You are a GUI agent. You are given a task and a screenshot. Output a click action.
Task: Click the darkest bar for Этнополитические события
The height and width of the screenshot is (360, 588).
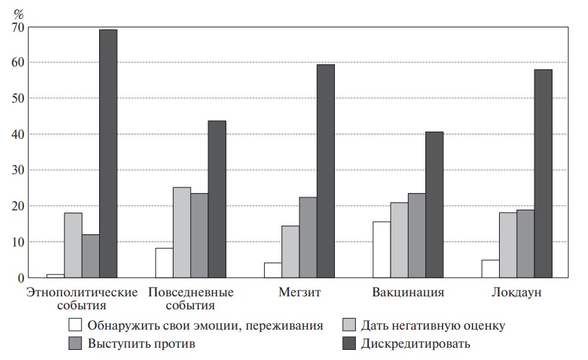[x=108, y=154]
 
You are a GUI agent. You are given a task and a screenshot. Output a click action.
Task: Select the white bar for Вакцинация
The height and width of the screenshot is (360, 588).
[x=381, y=250]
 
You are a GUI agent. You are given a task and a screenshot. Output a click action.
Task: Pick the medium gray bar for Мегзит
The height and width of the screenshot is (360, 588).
[x=308, y=238]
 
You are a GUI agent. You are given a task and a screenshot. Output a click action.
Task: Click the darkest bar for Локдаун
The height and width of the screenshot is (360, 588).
[x=543, y=173]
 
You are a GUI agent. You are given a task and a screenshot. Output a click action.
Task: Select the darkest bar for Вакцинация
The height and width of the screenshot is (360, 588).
[x=434, y=205]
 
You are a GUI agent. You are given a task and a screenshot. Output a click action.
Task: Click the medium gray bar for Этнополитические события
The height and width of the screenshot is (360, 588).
[x=90, y=257]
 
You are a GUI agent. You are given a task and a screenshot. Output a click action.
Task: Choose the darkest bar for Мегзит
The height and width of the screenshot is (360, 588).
[x=325, y=171]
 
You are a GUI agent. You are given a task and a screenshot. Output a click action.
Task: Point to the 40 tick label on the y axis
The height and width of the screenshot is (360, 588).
[x=17, y=134]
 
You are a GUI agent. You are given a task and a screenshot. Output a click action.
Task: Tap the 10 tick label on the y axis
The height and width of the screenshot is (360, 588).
[x=17, y=242]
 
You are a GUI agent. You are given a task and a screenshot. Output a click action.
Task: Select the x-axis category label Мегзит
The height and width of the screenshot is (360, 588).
[x=299, y=293]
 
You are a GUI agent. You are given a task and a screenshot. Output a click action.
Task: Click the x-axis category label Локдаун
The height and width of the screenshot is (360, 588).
[x=516, y=293]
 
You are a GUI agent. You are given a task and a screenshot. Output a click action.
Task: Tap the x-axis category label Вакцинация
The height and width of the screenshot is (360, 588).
[x=408, y=293]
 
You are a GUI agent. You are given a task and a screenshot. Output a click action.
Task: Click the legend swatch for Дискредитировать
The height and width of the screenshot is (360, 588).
[x=349, y=343]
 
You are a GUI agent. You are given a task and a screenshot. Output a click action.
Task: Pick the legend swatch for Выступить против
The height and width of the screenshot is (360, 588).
[x=75, y=343]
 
